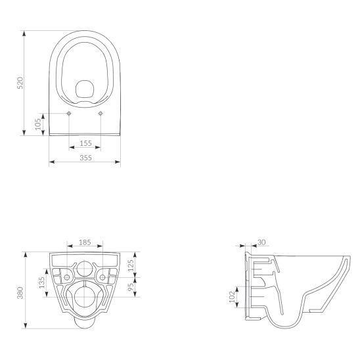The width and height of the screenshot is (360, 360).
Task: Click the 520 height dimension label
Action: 20,83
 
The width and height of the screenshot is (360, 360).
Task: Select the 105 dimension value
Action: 38,123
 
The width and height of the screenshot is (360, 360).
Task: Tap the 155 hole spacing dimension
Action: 85,143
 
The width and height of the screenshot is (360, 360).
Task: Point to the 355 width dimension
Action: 85,158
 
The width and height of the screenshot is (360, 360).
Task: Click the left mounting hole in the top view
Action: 69,114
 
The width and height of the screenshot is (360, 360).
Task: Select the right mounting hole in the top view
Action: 101,114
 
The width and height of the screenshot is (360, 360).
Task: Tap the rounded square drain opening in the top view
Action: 85,89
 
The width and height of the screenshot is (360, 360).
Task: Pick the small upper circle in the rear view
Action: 85,268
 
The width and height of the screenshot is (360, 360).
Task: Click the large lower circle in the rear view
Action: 85,298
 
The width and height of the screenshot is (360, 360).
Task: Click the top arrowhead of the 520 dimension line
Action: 26,32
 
